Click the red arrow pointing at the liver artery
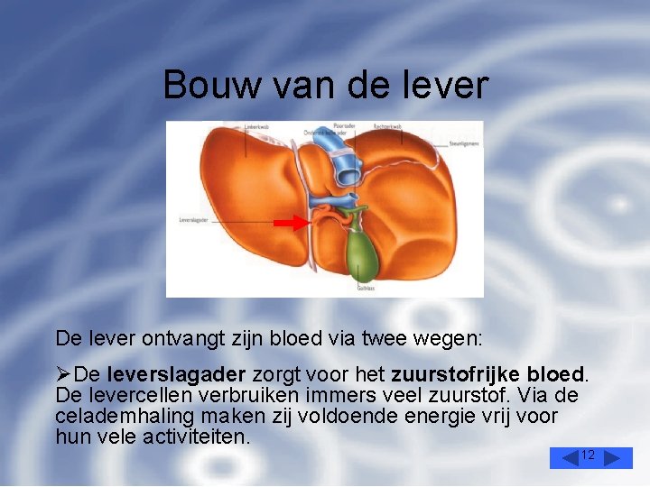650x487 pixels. pyautogui.click(x=290, y=222)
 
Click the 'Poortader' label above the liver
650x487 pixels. pyautogui.click(x=344, y=126)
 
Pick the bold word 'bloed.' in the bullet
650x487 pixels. pyautogui.click(x=558, y=373)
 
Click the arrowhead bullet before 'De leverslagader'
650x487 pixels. pyautogui.click(x=63, y=373)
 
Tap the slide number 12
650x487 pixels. pyautogui.click(x=588, y=455)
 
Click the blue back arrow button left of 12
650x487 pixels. pyautogui.click(x=565, y=458)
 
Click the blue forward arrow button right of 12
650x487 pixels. pyautogui.click(x=617, y=458)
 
